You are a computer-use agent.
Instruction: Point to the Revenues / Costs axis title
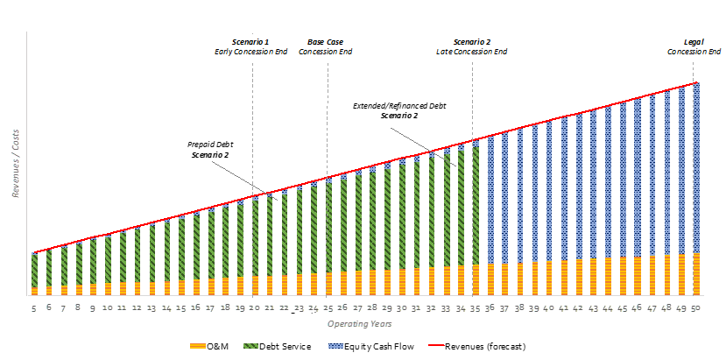tap(17, 166)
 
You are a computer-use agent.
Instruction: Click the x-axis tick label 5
tap(33, 308)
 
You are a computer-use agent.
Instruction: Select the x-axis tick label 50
tap(695, 308)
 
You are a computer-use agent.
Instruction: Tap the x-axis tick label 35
tap(475, 308)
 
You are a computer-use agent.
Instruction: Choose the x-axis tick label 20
tap(254, 308)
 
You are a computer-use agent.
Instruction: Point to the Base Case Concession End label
tap(326, 47)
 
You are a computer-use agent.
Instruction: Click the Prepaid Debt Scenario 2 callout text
tap(210, 149)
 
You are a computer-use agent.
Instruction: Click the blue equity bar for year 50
tap(695, 166)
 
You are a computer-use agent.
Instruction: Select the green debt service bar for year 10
tap(107, 259)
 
